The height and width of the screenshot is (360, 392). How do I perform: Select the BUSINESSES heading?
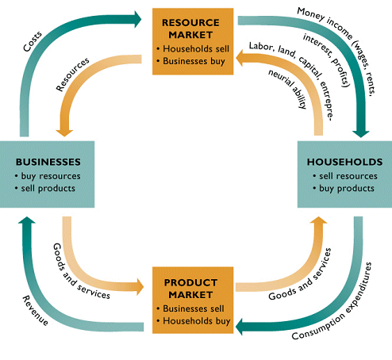[x=48, y=162]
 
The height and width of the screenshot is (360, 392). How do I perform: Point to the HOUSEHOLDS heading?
[x=344, y=162]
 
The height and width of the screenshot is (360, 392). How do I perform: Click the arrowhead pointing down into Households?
[x=363, y=132]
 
